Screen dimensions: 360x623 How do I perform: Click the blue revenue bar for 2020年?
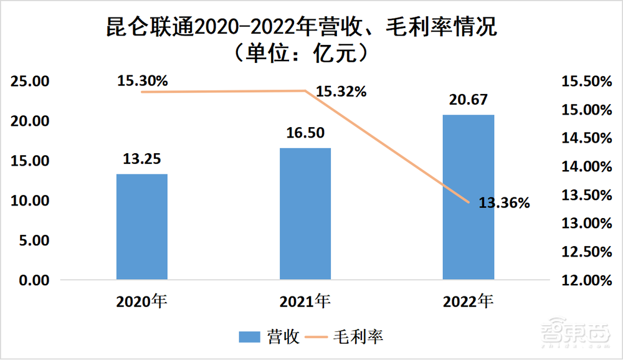tap(142, 227)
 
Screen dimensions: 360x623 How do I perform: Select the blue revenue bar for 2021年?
tap(305, 214)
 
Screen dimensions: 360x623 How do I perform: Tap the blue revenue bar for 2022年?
tap(468, 197)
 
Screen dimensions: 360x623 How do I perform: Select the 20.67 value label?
tap(468, 100)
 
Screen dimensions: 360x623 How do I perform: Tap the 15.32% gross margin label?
tap(341, 92)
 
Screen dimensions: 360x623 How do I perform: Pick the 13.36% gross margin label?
tap(504, 202)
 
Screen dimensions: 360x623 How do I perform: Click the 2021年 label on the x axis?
tap(305, 301)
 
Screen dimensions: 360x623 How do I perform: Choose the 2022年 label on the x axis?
tap(468, 301)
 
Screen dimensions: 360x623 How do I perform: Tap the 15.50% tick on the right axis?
tap(585, 82)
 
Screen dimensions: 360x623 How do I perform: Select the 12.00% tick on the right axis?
tap(585, 280)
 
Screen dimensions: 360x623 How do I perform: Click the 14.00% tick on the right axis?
tap(585, 167)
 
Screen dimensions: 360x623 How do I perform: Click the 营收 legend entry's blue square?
tap(249, 337)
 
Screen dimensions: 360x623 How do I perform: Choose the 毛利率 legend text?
tap(362, 337)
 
